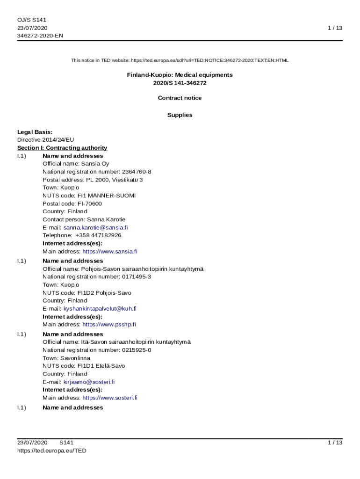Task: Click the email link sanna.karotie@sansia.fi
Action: (x=95, y=227)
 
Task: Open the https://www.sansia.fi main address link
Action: (x=110, y=251)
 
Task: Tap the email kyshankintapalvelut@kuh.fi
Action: (x=100, y=308)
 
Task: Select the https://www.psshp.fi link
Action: (x=109, y=324)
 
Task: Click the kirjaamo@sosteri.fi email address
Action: (x=89, y=382)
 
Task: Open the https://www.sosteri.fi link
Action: (x=110, y=398)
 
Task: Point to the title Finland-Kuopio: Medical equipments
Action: (x=180, y=75)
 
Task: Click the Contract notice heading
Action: (x=180, y=98)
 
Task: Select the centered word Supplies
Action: (x=180, y=115)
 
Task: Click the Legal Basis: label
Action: (x=35, y=132)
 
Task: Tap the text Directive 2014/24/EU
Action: (x=45, y=140)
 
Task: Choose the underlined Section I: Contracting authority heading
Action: (x=62, y=148)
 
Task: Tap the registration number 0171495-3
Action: (x=136, y=276)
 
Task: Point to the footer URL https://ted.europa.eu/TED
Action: (x=52, y=450)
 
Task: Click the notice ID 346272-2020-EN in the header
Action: (x=40, y=36)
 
